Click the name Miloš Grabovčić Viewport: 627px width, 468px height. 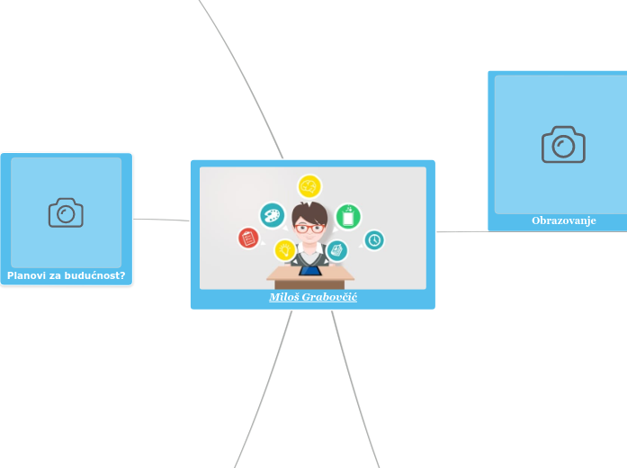pos(312,297)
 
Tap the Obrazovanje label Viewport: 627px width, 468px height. pos(563,220)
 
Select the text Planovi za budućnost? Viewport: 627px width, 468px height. pos(66,275)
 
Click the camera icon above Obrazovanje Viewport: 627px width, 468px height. pos(563,144)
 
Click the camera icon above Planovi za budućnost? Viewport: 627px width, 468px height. pos(66,212)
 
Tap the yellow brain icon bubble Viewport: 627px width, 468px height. pos(309,186)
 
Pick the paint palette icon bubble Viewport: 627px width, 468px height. pos(271,214)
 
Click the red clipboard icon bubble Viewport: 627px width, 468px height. pos(248,238)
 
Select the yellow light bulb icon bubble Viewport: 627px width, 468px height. pos(285,249)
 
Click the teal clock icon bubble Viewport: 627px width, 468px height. pos(373,239)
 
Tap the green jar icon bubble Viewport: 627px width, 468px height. pos(348,216)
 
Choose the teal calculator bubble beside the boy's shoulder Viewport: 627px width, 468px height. pos(337,249)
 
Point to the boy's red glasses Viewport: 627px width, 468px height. pos(310,228)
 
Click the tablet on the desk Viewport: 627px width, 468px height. pos(310,270)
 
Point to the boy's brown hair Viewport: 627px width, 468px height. pos(310,211)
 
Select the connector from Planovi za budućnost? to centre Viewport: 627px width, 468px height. pos(162,219)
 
